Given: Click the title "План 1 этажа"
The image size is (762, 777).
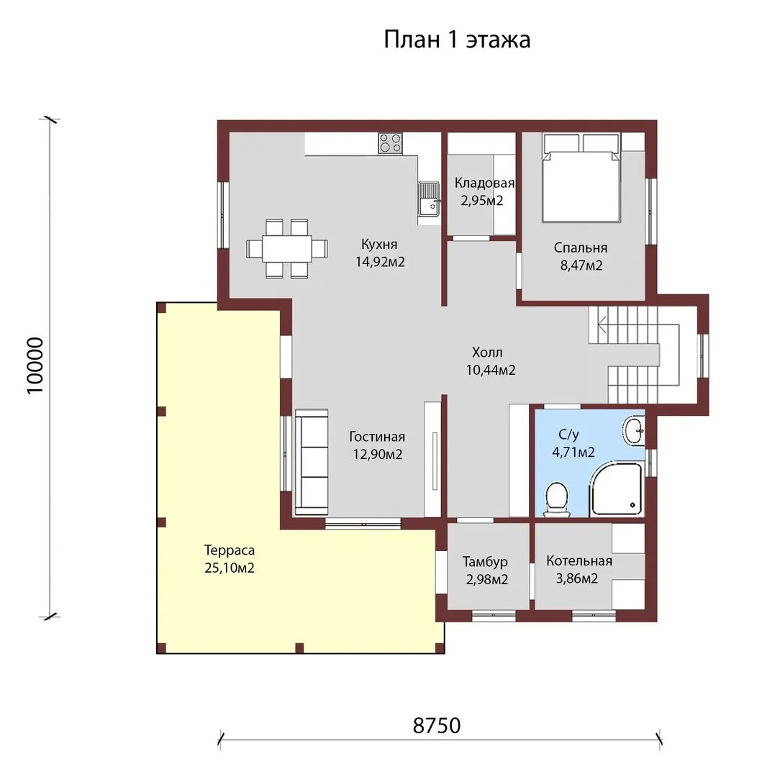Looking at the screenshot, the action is (457, 40).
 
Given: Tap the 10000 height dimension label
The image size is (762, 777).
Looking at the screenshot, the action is (35, 366).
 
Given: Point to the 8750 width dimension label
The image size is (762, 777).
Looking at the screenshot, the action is (437, 725).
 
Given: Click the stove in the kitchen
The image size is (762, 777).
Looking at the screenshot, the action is (391, 143).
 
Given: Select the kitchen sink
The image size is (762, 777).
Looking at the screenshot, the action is (429, 199).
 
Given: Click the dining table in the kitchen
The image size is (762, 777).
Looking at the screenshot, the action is (287, 248).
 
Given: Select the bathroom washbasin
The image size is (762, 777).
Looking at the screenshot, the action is (634, 431).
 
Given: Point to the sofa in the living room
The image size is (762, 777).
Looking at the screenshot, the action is (312, 463).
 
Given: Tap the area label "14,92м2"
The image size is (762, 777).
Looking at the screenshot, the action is (380, 262).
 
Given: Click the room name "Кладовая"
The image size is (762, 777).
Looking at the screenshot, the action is (484, 183).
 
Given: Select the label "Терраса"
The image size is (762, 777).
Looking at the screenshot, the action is (230, 550).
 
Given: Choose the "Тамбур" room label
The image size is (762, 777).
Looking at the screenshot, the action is (485, 561).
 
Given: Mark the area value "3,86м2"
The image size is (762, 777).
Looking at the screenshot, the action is (576, 578).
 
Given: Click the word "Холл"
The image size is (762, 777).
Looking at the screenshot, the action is (487, 353).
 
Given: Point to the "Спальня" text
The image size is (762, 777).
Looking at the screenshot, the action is (580, 247).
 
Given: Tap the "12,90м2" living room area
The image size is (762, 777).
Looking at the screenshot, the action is (378, 454).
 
